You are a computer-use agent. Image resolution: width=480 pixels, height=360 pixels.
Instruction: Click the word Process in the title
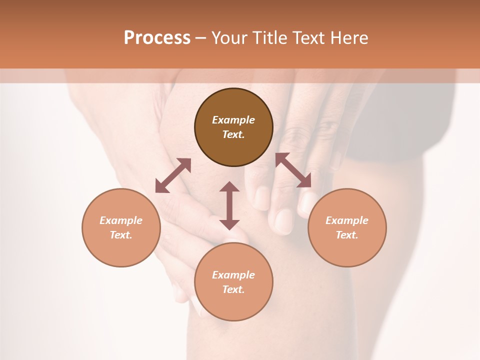[157, 38]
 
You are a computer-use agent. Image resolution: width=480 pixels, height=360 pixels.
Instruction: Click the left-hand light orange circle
[121, 227]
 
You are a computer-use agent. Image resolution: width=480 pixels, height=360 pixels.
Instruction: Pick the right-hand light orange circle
[347, 227]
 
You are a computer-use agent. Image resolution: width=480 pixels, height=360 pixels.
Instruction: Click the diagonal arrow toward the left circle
[173, 175]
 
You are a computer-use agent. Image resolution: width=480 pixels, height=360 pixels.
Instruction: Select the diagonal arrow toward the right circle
[293, 170]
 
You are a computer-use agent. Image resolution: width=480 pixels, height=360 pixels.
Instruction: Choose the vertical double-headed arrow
[229, 205]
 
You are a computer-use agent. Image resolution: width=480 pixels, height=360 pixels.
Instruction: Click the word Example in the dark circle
[233, 120]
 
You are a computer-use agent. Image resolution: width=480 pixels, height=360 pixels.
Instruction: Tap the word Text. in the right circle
[347, 235]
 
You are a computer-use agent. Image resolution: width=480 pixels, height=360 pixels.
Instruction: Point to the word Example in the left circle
[121, 220]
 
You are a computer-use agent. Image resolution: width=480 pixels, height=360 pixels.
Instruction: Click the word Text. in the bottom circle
[233, 289]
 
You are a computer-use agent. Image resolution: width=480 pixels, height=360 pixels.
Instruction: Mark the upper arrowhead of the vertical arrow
[229, 187]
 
